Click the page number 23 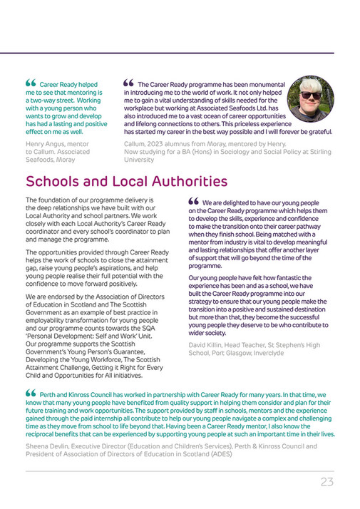click(x=326, y=481)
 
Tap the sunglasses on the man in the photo click(x=310, y=96)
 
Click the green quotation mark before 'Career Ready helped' click(x=31, y=83)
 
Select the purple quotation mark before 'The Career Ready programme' click(x=129, y=83)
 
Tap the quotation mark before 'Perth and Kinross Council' click(x=31, y=393)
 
